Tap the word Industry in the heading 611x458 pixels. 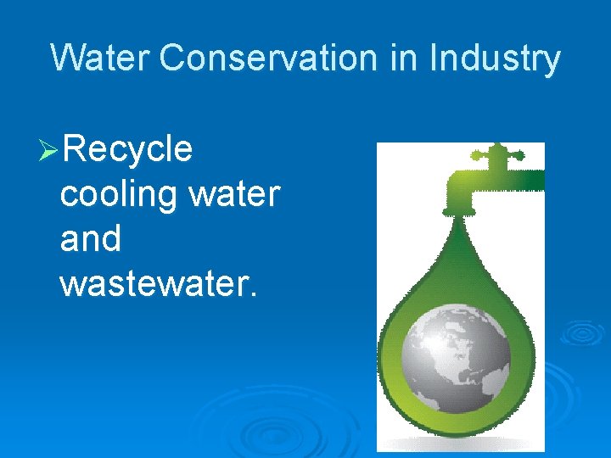[x=495, y=59]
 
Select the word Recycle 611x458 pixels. [x=127, y=150]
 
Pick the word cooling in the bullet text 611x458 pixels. [x=118, y=194]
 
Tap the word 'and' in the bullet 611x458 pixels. [x=91, y=238]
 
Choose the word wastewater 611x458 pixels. [x=153, y=282]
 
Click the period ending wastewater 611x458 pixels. [x=252, y=293]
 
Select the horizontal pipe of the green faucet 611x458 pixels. [x=518, y=179]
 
